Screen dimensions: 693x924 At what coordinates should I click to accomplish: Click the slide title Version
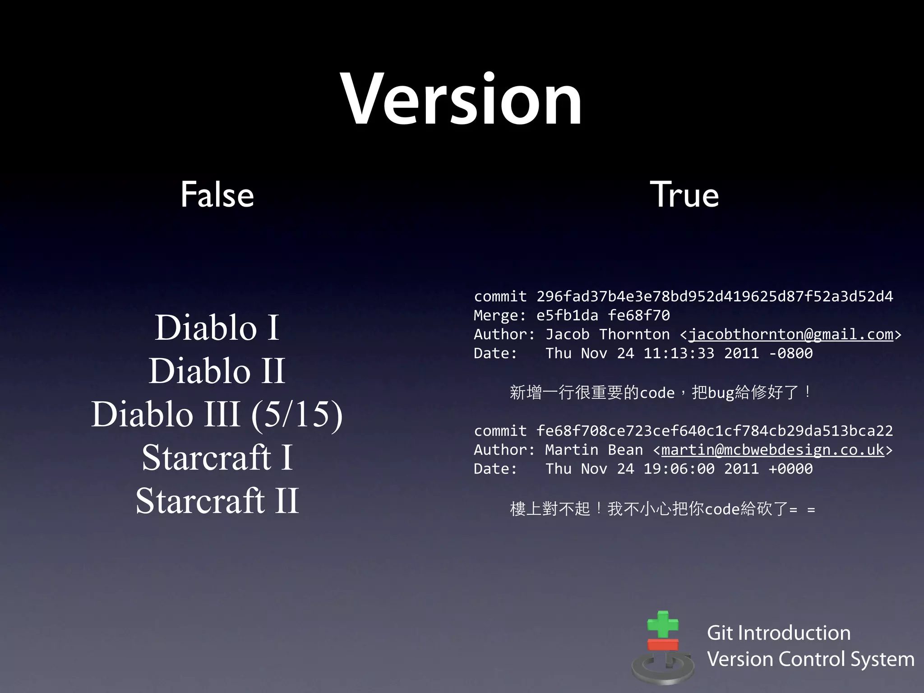(x=461, y=100)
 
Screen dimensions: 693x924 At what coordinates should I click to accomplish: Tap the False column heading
(x=217, y=194)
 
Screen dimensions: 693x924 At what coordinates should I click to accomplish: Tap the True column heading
(x=684, y=194)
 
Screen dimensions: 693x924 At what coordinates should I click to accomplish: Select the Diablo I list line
(x=217, y=327)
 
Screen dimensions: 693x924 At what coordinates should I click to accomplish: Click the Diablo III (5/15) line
(x=217, y=414)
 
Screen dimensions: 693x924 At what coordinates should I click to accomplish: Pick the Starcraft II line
(x=217, y=500)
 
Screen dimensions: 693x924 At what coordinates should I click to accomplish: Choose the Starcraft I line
(x=217, y=457)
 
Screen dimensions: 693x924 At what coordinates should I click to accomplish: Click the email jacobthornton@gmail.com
(x=790, y=334)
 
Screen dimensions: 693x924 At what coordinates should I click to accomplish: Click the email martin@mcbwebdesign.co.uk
(x=772, y=450)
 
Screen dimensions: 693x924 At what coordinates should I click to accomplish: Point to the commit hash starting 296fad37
(x=714, y=296)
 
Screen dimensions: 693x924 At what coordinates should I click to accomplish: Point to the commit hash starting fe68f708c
(x=714, y=431)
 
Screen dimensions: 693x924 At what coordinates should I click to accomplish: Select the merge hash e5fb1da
(x=567, y=315)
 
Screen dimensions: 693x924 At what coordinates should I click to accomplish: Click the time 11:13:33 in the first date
(x=679, y=353)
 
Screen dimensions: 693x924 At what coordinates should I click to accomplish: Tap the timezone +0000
(x=790, y=469)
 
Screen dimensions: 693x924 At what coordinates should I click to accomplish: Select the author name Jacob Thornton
(x=607, y=334)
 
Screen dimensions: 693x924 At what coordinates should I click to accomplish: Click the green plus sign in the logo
(x=663, y=624)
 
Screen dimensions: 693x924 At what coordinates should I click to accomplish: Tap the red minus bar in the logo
(x=663, y=644)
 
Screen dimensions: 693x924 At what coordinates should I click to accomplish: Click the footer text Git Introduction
(x=778, y=633)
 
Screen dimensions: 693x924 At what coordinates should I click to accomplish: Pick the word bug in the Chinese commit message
(x=721, y=393)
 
